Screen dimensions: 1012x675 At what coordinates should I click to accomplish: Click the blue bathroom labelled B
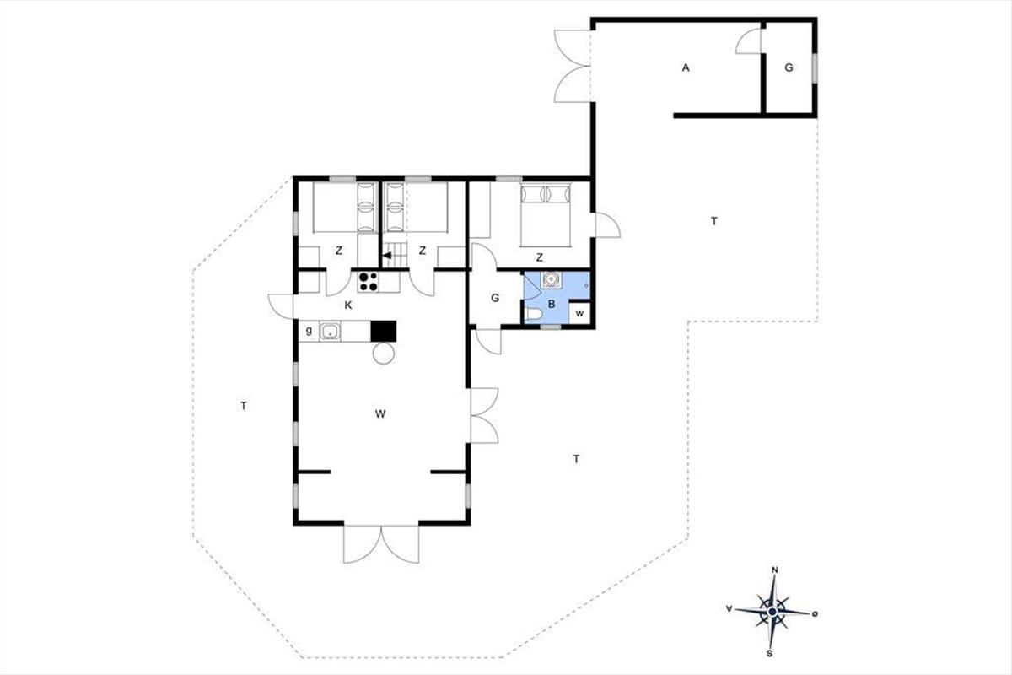557,298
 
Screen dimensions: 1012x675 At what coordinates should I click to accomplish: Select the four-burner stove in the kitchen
369,282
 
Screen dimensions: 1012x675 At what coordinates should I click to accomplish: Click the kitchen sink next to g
331,331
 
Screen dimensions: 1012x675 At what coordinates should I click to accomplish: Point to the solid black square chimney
384,331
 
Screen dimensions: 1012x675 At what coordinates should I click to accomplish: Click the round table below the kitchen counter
384,353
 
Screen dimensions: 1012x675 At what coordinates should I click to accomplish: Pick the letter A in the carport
686,67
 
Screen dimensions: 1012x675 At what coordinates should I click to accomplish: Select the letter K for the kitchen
347,305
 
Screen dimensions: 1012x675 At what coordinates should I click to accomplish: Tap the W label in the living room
380,413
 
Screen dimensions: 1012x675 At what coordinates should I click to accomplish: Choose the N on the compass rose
774,570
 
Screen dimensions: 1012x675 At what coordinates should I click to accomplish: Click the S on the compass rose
769,653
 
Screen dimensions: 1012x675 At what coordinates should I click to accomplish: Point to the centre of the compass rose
772,613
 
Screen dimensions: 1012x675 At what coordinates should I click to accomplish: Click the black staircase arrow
387,256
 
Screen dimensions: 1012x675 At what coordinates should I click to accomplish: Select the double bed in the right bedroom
546,215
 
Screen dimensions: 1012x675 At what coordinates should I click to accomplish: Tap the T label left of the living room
244,406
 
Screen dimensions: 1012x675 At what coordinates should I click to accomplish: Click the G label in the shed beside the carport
789,67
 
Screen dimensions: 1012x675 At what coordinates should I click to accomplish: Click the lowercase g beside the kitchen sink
309,331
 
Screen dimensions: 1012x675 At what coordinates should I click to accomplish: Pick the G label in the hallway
495,299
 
